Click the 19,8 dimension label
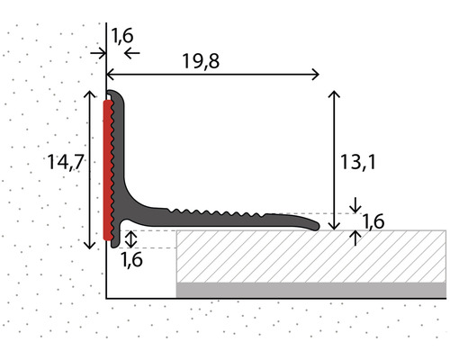click(201, 61)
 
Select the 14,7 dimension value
click(65, 162)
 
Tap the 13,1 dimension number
click(357, 162)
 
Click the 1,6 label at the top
click(122, 36)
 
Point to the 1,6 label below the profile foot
click(131, 259)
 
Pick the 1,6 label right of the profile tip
click(373, 221)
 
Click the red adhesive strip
click(108, 170)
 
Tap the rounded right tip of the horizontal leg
click(318, 226)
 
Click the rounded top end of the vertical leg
click(115, 92)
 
